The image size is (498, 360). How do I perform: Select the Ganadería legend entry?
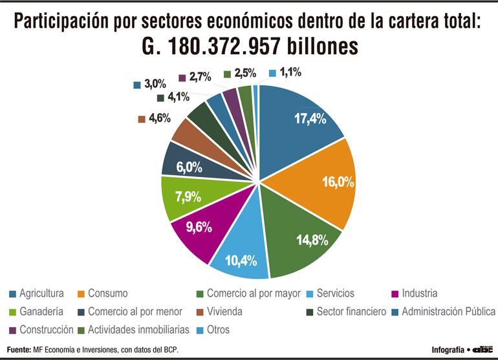click(x=39, y=312)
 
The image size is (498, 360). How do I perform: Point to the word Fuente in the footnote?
click(x=19, y=350)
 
